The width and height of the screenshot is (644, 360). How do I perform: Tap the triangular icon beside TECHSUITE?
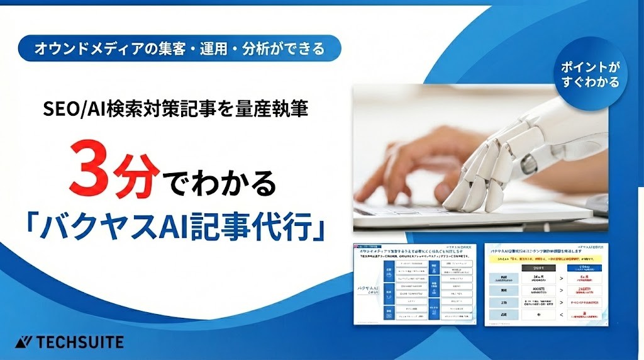click(x=23, y=342)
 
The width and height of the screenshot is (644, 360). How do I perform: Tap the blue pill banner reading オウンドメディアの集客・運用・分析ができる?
click(x=180, y=48)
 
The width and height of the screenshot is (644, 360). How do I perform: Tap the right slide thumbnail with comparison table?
click(x=551, y=283)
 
